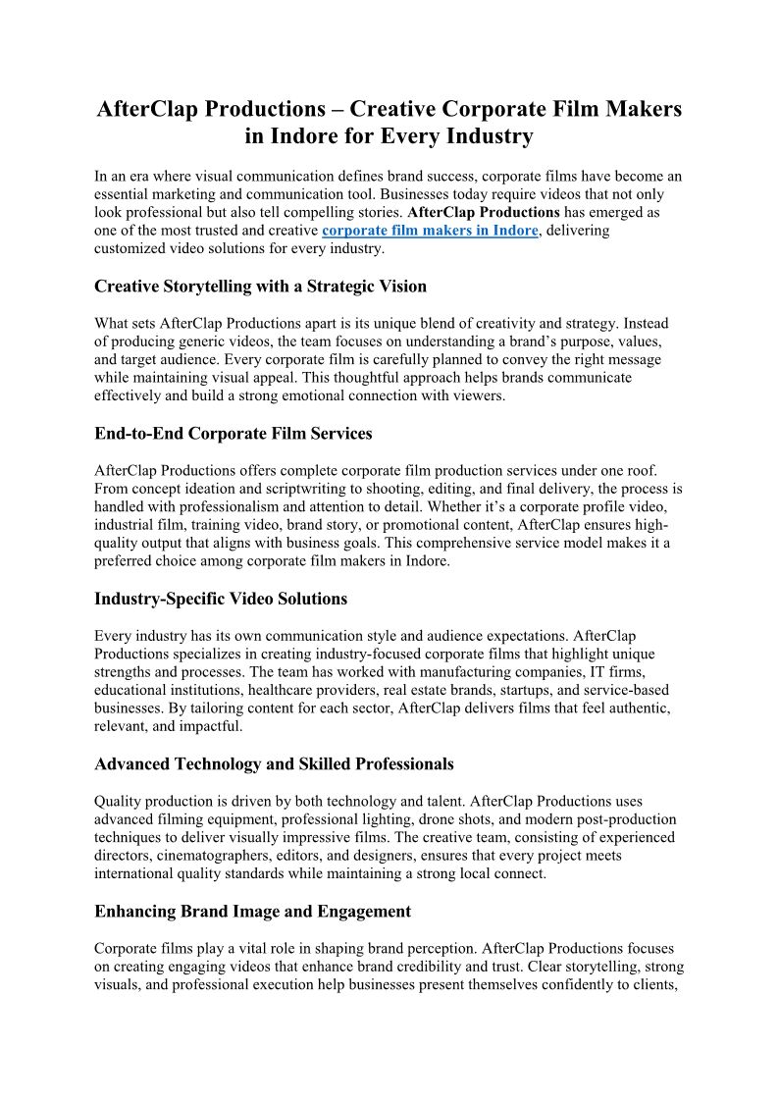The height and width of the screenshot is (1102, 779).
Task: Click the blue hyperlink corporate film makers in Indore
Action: (430, 231)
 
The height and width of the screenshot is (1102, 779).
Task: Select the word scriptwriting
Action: (290, 489)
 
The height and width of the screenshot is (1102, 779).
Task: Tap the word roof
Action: (650, 470)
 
